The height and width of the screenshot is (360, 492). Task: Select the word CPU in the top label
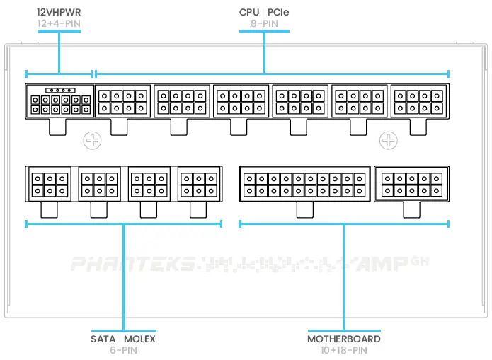coord(249,13)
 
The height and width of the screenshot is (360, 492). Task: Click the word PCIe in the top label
coord(278,13)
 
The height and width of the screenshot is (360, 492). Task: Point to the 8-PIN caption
coord(264,23)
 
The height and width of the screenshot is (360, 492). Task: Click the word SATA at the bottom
coord(103,339)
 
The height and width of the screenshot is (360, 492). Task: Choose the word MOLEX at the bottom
coord(140,339)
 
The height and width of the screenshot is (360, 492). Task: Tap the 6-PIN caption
coord(122,349)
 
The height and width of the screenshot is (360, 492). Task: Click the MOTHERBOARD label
coord(343,339)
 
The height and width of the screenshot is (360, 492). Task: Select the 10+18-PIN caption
coord(343,349)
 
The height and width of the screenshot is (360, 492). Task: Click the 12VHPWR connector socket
coord(59,101)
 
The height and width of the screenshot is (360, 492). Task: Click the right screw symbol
coord(389,140)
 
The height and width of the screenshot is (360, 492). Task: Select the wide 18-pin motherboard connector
coord(304,184)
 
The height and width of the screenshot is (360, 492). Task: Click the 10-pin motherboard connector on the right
coord(411,184)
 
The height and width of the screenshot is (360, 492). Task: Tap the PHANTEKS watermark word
coord(132,265)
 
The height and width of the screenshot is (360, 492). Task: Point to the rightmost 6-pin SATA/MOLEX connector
coord(198,185)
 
